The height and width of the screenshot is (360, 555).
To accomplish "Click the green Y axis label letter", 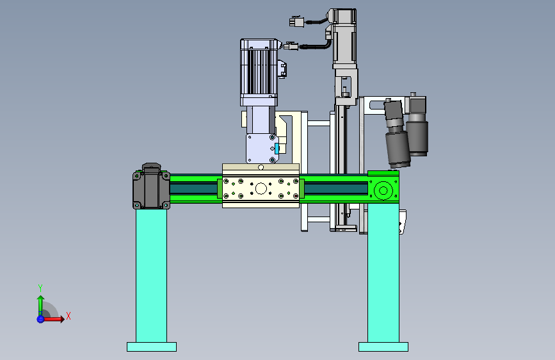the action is click(x=40, y=288).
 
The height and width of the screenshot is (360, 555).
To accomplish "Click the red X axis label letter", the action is click(x=68, y=316).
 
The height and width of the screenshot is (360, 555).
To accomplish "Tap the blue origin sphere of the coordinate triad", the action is click(x=40, y=319).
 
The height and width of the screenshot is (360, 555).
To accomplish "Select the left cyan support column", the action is click(x=151, y=275).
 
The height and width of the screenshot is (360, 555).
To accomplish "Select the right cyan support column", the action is click(x=383, y=273).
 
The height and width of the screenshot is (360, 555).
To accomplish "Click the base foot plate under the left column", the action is click(x=152, y=347).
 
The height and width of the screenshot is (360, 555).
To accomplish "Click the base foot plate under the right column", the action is click(x=383, y=347).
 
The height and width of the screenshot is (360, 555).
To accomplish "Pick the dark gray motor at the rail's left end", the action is click(x=151, y=187).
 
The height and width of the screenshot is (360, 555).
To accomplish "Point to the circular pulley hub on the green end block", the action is click(x=383, y=191).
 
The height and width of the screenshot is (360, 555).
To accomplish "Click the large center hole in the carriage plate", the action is click(x=261, y=189).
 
